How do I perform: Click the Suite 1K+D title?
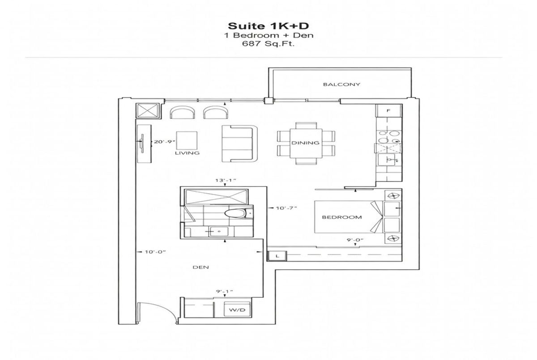pyautogui.click(x=268, y=26)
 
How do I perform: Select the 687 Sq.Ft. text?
pyautogui.click(x=268, y=44)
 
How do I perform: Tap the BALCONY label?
pyautogui.click(x=341, y=85)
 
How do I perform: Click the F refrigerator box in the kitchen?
pyautogui.click(x=388, y=110)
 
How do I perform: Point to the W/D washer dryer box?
pyautogui.click(x=237, y=310)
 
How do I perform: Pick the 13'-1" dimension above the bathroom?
pyautogui.click(x=226, y=180)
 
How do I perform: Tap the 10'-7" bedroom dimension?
pyautogui.click(x=286, y=208)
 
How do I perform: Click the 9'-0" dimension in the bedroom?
pyautogui.click(x=355, y=240)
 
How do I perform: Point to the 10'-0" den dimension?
pyautogui.click(x=155, y=252)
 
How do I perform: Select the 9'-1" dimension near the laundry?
pyautogui.click(x=224, y=292)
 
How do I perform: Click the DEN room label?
pyautogui.click(x=200, y=267)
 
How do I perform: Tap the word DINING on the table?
pyautogui.click(x=305, y=143)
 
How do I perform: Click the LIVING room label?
pyautogui.click(x=187, y=153)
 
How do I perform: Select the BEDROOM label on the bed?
pyautogui.click(x=341, y=217)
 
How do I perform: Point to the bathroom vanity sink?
pyautogui.click(x=218, y=232)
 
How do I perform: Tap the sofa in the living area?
pyautogui.click(x=239, y=144)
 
